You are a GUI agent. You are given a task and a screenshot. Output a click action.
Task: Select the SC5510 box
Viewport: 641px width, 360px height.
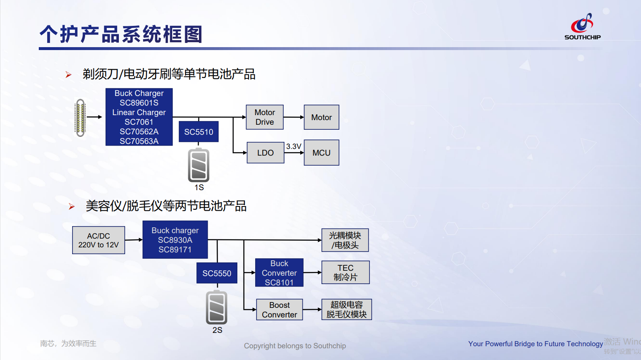199,132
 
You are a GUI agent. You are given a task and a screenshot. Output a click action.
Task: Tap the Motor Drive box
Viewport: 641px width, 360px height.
265,117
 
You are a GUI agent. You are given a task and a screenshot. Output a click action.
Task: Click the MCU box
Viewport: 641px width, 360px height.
321,153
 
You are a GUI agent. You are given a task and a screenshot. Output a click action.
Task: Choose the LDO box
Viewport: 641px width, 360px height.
265,153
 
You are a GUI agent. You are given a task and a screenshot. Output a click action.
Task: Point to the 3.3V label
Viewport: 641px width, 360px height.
294,146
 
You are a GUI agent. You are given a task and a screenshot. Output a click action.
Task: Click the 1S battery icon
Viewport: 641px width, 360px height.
199,165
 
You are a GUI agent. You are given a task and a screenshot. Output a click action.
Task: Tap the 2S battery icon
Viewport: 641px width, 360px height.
217,308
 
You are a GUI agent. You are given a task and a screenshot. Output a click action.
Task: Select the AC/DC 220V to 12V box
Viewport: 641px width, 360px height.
98,240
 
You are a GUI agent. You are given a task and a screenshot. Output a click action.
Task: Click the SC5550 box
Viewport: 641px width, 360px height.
217,273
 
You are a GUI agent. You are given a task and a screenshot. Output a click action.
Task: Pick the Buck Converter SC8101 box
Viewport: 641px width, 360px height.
279,273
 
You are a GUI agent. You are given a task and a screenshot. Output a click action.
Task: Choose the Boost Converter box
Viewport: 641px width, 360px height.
279,310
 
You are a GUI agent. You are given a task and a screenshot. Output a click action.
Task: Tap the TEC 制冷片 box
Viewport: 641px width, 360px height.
345,272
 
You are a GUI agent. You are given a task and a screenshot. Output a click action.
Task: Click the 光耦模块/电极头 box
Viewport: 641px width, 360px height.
345,240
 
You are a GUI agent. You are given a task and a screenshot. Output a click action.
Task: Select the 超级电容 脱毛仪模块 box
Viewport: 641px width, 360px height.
346,310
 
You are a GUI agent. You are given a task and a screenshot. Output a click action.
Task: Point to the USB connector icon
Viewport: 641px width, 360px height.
80,118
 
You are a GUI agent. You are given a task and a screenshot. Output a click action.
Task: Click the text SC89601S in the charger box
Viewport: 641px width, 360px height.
139,103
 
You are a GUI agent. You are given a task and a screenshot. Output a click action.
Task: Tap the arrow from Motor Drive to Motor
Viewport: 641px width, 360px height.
294,117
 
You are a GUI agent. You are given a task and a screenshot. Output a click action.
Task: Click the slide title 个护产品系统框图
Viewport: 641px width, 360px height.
121,34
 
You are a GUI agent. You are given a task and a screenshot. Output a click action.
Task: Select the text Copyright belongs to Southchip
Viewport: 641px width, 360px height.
295,346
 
